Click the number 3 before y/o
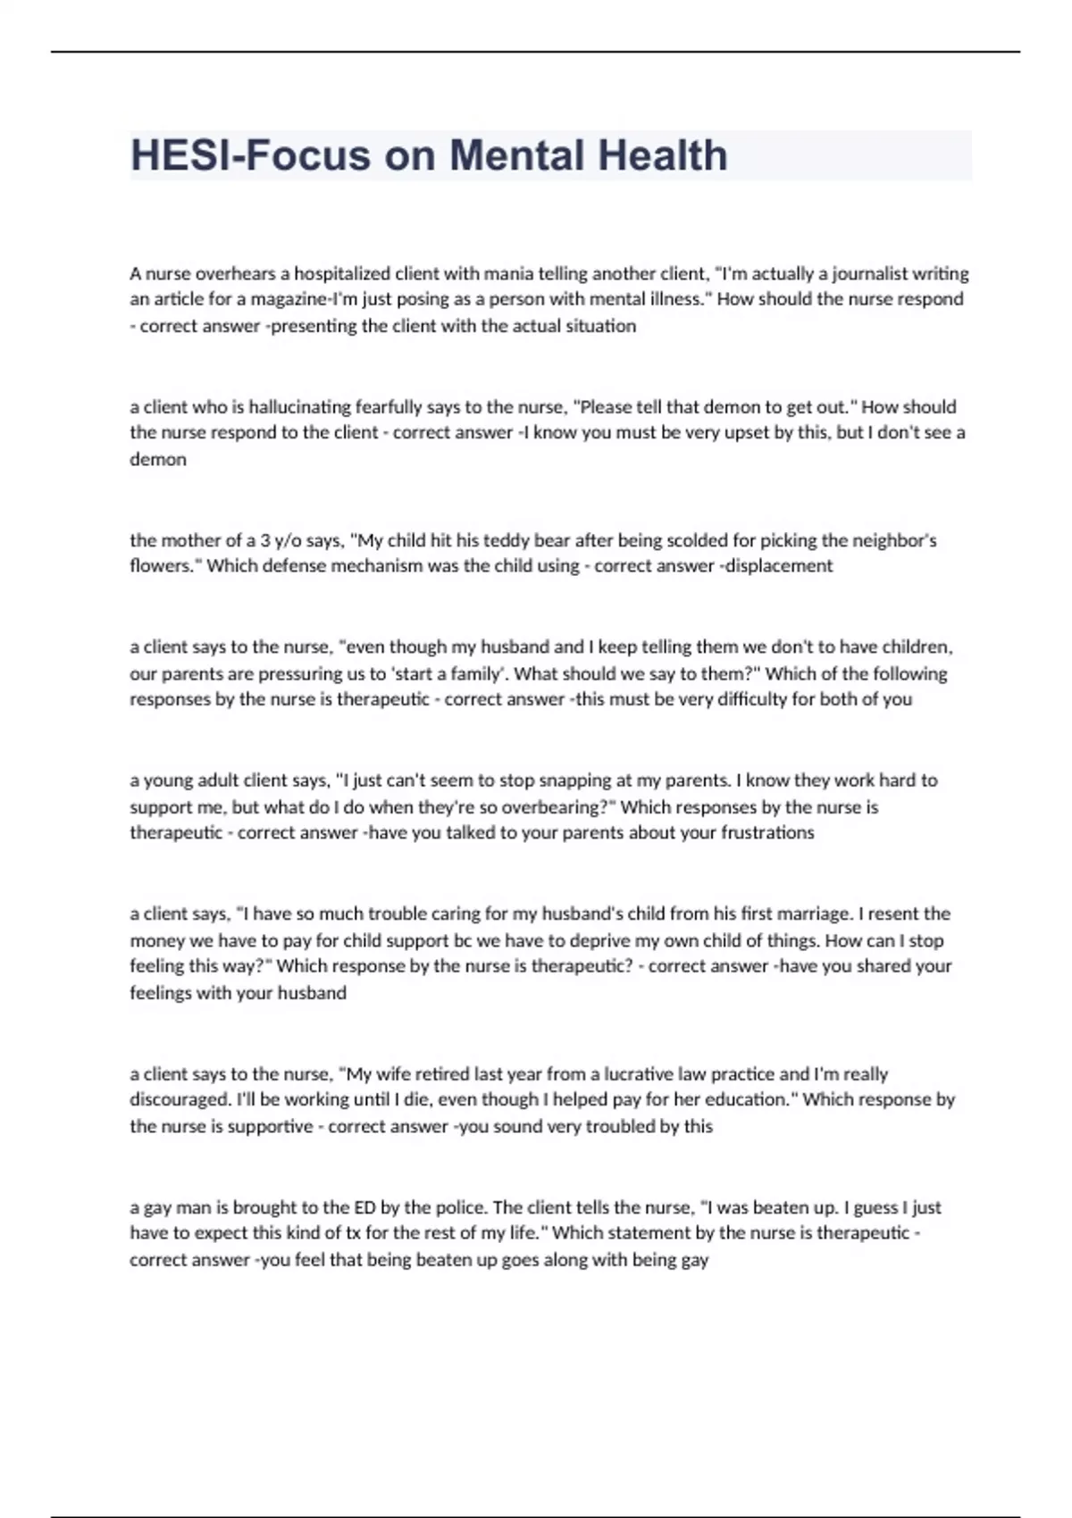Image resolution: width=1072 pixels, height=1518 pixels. (x=265, y=540)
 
